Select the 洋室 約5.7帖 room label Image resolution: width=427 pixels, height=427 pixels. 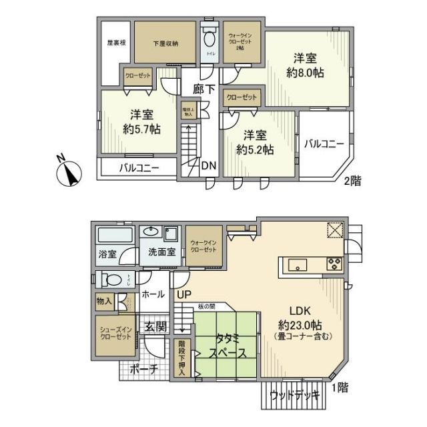[x=141, y=121]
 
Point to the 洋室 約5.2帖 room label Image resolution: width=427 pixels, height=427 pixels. [x=255, y=142]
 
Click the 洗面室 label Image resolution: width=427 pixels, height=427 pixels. [x=161, y=253]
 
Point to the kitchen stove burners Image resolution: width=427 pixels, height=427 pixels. [x=333, y=264]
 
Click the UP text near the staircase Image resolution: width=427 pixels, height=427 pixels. [x=183, y=292]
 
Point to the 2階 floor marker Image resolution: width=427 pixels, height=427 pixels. [x=352, y=181]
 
